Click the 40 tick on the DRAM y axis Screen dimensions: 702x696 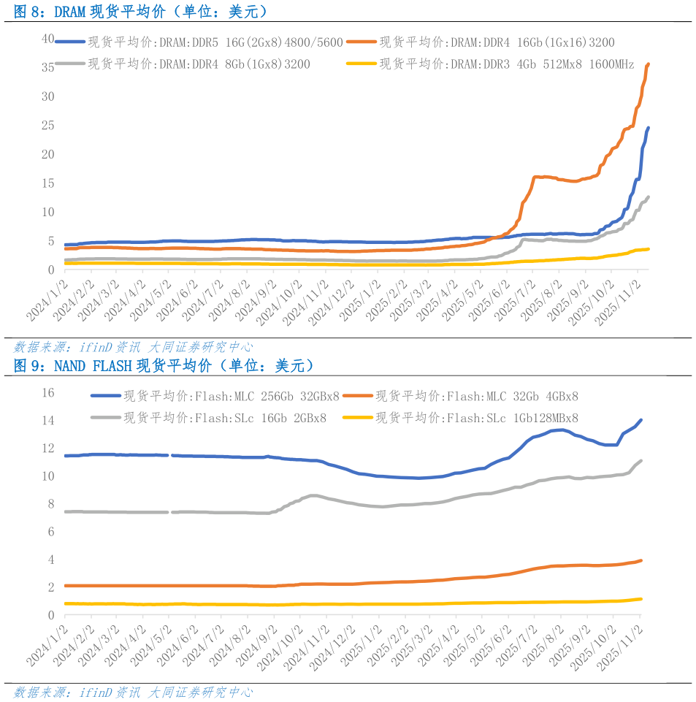(x=48, y=38)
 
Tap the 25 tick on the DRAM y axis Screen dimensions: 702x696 (x=48, y=125)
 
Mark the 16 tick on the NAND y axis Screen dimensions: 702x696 (x=48, y=393)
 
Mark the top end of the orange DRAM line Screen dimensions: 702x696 (x=649, y=64)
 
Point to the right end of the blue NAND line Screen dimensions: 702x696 (x=640, y=420)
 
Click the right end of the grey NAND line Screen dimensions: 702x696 (x=640, y=461)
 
